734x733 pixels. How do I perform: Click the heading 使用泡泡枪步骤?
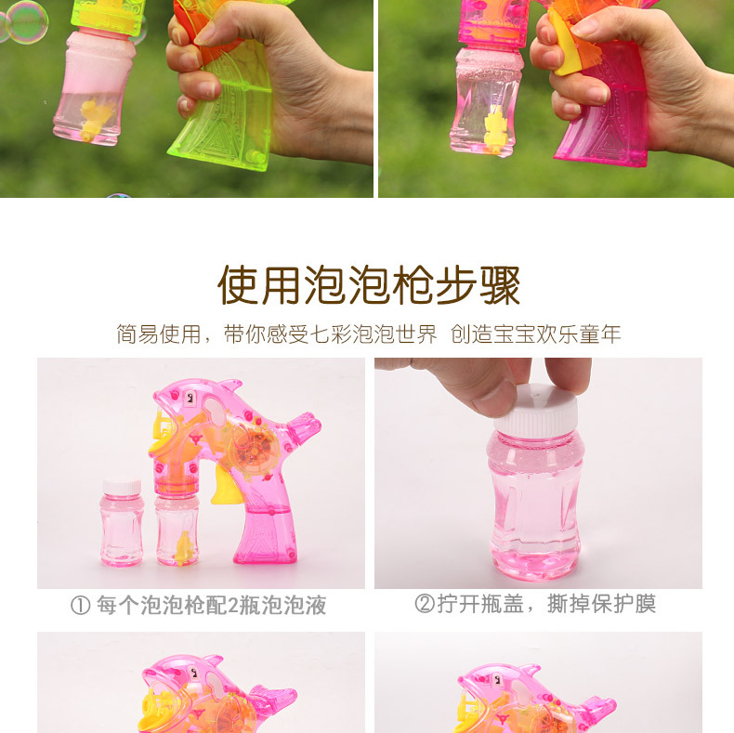(369, 285)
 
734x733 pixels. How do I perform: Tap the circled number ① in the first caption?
(81, 605)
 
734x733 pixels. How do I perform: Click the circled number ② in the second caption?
(424, 604)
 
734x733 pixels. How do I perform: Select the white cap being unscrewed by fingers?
(536, 411)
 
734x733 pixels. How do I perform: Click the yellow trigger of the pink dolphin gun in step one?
(225, 487)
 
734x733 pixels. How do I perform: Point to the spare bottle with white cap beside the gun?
(121, 522)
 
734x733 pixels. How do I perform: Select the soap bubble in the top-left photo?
(27, 22)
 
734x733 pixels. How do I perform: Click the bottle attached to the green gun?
(95, 86)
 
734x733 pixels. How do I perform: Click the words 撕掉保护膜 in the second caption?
(601, 604)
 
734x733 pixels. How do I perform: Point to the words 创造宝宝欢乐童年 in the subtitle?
(535, 334)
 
